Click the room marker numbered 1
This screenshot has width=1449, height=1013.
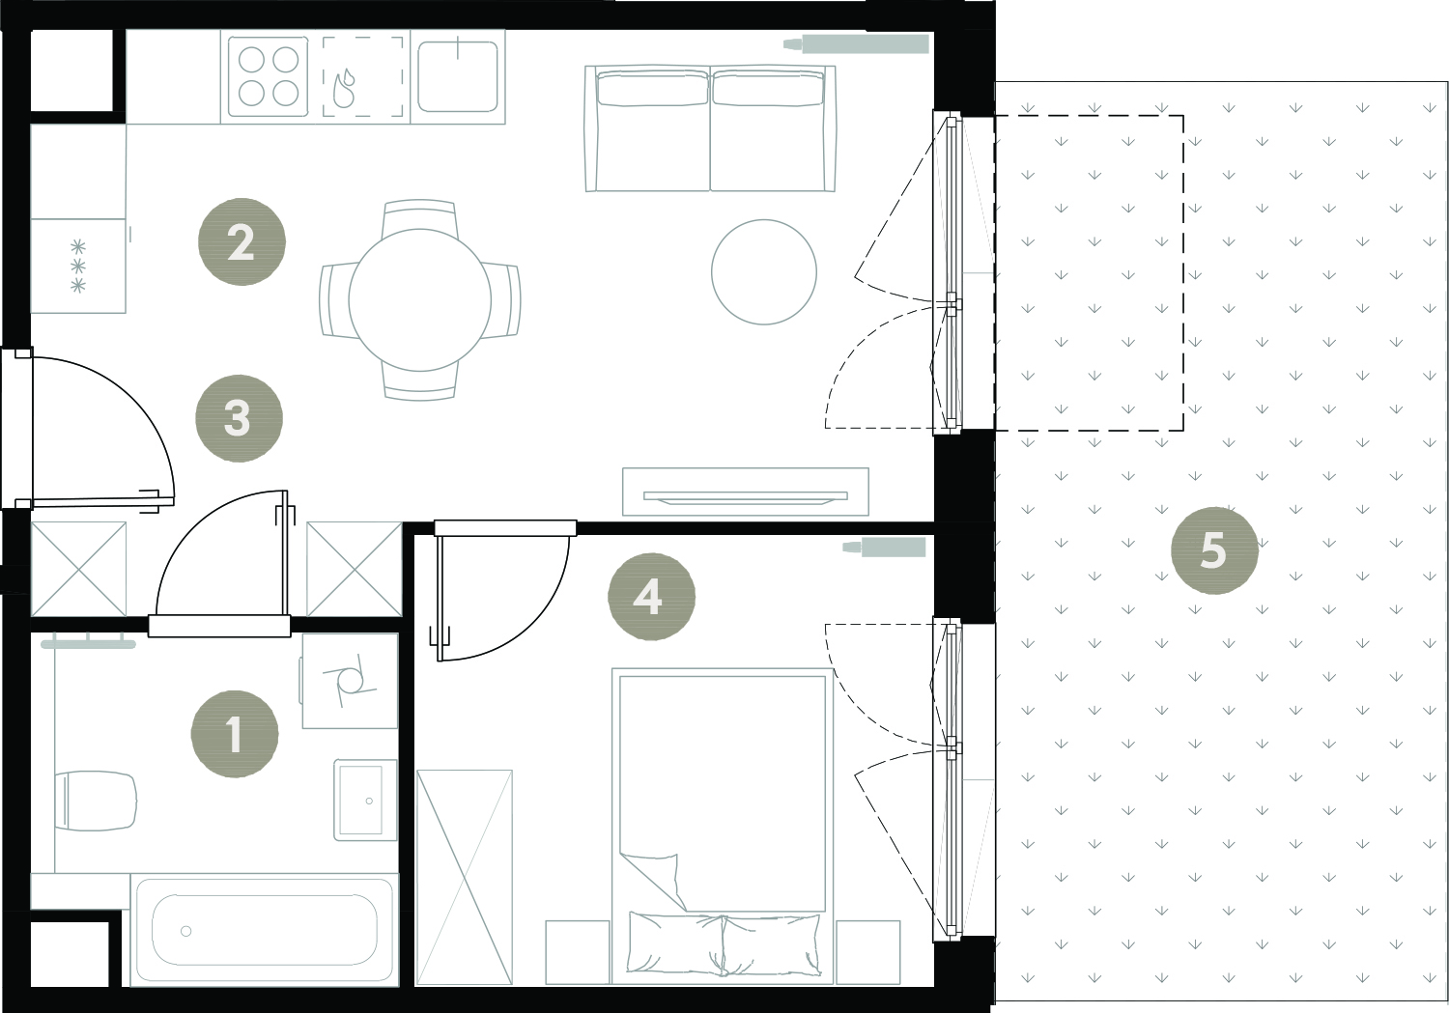[x=235, y=734]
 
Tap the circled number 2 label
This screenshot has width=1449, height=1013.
[x=241, y=241]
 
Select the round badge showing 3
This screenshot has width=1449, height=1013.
[x=239, y=418]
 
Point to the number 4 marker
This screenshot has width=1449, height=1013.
[x=651, y=597]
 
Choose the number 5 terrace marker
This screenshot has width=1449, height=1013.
[x=1214, y=550]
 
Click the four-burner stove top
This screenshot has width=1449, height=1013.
[x=268, y=77]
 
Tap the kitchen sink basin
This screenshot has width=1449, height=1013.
[x=458, y=76]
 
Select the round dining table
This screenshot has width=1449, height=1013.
[x=420, y=300]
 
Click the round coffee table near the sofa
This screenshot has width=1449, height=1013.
[x=764, y=272]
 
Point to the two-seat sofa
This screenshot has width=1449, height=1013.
[x=710, y=128]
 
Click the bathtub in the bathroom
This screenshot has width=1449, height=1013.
[x=264, y=931]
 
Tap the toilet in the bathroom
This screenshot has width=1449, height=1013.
[x=96, y=799]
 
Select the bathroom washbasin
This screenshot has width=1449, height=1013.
[x=365, y=801]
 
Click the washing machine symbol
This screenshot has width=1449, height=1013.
[x=350, y=681]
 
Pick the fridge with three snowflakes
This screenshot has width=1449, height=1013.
[x=78, y=266]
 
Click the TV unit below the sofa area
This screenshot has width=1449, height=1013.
[x=745, y=492]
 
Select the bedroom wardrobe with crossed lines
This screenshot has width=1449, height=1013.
[x=465, y=877]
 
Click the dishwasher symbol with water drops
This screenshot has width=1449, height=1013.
[x=363, y=77]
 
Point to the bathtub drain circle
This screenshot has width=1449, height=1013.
[x=186, y=932]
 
